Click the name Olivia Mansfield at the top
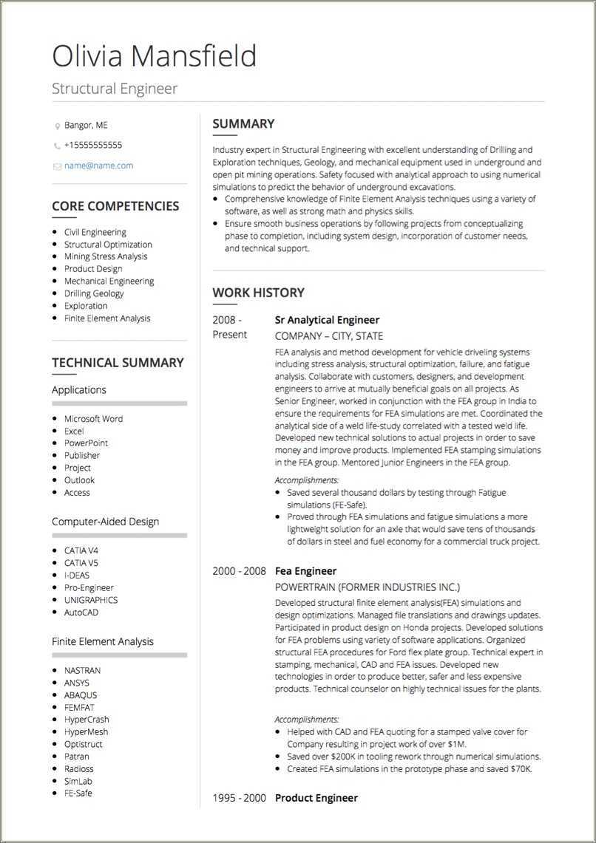tap(155, 56)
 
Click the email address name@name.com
tap(98, 165)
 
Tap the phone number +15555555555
tap(93, 145)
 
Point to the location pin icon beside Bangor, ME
tap(57, 126)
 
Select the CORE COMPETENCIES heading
tap(115, 206)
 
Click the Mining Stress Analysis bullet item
tap(106, 256)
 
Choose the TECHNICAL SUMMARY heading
tap(118, 363)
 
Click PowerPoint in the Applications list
tap(86, 443)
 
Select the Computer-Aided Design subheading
tap(105, 522)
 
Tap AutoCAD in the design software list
tap(81, 612)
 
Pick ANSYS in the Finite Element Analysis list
tap(77, 683)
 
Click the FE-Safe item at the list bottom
tap(78, 793)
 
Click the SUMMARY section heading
tap(243, 124)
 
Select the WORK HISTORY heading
tap(258, 293)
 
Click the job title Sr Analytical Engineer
tap(327, 320)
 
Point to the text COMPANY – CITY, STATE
tap(329, 336)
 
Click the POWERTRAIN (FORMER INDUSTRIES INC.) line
tap(368, 587)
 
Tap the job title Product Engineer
tap(316, 798)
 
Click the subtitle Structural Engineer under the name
tap(115, 89)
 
